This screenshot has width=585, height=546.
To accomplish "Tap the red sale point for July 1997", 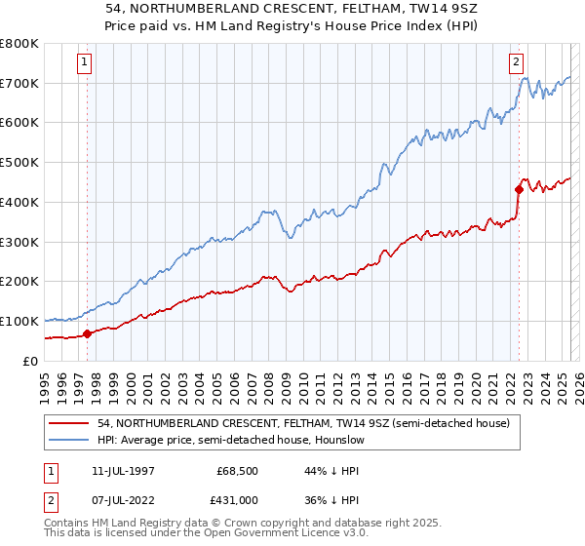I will click(x=87, y=333).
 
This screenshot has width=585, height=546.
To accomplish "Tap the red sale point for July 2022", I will click(x=519, y=189).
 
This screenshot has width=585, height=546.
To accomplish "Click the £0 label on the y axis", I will click(x=30, y=361).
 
